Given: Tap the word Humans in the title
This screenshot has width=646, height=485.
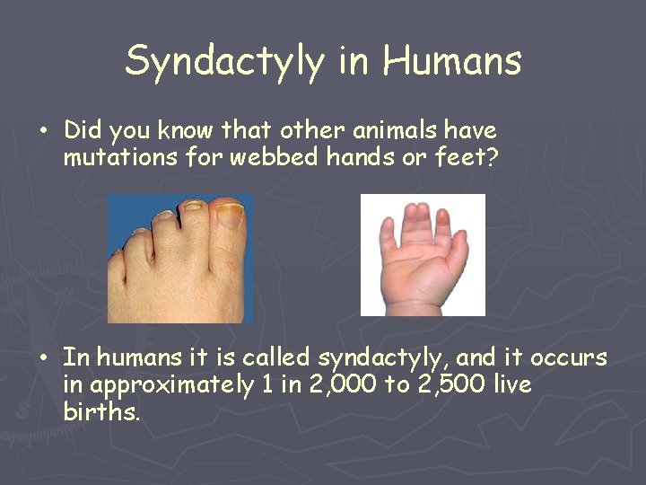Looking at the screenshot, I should pyautogui.click(x=452, y=61).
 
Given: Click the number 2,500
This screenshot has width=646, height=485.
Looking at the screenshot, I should pyautogui.click(x=431, y=386).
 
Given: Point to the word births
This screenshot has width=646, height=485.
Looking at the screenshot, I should pyautogui.click(x=101, y=414).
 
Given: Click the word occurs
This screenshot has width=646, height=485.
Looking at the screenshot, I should pyautogui.click(x=568, y=358).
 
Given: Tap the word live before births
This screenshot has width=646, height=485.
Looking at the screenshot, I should pyautogui.click(x=507, y=386).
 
